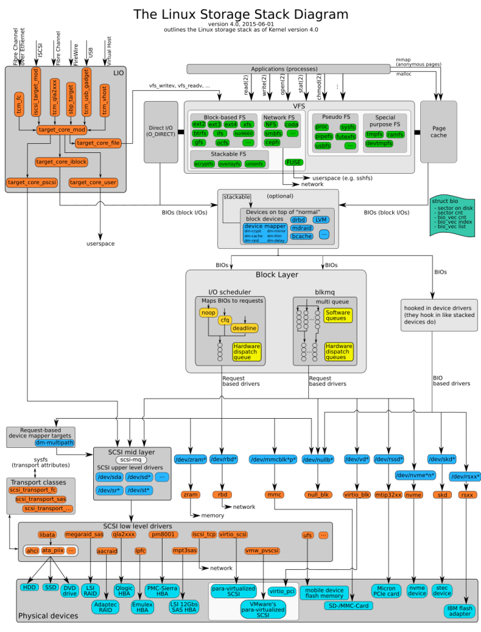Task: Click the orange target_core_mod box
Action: click(x=62, y=130)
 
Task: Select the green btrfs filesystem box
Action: click(x=200, y=133)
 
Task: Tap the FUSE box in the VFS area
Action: click(x=293, y=162)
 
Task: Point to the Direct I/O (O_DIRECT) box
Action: click(x=161, y=132)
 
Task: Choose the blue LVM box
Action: click(x=320, y=219)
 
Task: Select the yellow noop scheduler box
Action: click(x=208, y=312)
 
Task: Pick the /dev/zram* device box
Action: click(x=190, y=460)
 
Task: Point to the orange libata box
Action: click(x=47, y=535)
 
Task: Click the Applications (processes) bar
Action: click(x=289, y=69)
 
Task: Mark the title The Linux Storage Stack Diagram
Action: click(x=240, y=14)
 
